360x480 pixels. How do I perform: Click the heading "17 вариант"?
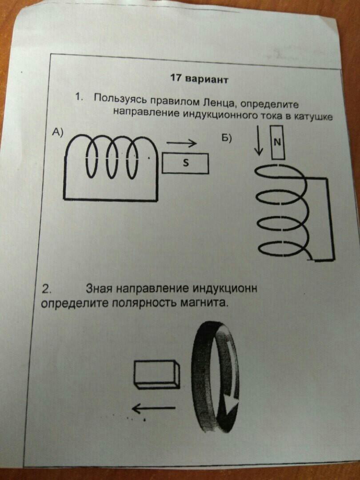199,79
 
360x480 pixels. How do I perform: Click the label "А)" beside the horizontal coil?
57,132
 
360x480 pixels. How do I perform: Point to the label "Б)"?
227,139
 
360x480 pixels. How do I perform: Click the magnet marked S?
185,163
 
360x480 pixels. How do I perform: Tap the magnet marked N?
278,143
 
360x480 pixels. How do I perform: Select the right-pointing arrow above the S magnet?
181,143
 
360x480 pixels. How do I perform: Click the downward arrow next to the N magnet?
259,140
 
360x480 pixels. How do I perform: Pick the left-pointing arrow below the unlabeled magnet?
154,408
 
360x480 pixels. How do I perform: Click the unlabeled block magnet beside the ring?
157,375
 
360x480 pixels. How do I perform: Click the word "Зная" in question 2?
99,288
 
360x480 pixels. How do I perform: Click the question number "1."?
79,97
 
